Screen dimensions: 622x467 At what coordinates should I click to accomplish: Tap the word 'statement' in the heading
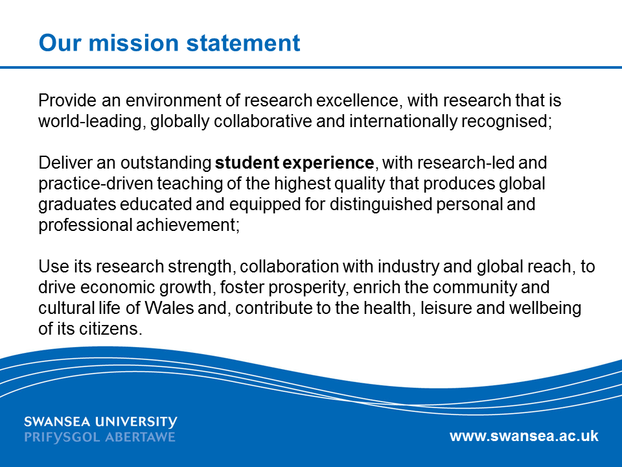pos(243,43)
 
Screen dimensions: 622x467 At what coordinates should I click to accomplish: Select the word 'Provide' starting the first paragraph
pos(67,100)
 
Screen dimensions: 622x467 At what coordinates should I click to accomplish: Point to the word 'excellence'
pos(357,101)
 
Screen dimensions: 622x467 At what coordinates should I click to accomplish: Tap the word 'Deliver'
pos(65,162)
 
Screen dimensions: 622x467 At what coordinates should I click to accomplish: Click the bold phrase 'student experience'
pos(294,163)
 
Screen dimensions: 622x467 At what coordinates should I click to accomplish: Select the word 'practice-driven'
pos(96,184)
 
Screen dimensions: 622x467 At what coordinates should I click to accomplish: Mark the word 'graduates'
pos(77,204)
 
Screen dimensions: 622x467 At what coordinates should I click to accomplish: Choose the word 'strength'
pos(200,267)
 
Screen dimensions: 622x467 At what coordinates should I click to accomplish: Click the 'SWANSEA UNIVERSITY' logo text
pos(100,422)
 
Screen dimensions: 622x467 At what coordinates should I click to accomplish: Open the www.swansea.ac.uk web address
pos(524,436)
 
